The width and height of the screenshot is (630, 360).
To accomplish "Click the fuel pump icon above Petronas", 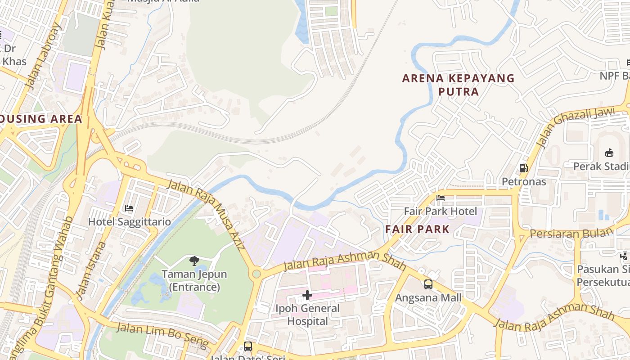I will (x=523, y=168).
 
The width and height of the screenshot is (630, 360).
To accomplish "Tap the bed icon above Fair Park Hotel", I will (x=440, y=198).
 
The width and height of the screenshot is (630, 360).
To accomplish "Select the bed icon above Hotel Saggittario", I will (x=129, y=208).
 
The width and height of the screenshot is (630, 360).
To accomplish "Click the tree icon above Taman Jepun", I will (x=194, y=261).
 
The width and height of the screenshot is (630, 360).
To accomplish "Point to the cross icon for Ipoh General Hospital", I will (x=307, y=295).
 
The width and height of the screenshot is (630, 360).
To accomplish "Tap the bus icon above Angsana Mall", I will (x=428, y=284).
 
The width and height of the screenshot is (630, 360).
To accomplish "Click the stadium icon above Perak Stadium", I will (x=609, y=153).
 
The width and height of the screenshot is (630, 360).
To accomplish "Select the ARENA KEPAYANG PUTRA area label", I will (x=458, y=85).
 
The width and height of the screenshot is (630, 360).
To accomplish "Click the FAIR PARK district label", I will (x=417, y=229).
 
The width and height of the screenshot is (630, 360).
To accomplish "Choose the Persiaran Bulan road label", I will (x=571, y=233).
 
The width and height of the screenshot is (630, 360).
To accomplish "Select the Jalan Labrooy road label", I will (x=42, y=56).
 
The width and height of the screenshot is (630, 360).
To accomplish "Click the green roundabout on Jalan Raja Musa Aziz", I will (x=256, y=273).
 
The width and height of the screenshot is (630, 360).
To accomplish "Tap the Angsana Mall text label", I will (x=428, y=297).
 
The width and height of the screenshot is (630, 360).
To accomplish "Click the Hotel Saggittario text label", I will (x=129, y=222).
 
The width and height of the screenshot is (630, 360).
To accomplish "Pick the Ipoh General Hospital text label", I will (x=307, y=315).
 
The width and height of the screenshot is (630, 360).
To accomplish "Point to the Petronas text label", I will (x=524, y=182).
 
